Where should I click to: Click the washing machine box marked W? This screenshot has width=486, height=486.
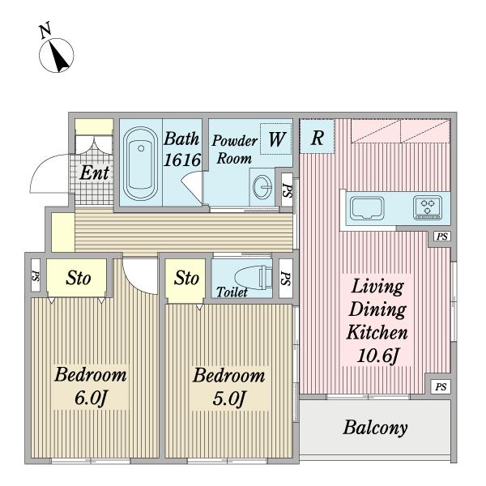click(276, 139)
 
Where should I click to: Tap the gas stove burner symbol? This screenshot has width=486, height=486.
click(427, 207)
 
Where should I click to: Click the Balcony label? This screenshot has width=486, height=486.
click(374, 428)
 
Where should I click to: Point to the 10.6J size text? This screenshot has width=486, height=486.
click(377, 354)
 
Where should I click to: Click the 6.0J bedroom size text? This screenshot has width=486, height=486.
click(92, 399)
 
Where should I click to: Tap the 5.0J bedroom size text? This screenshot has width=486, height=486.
click(228, 399)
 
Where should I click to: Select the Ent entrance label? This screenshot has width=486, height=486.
click(94, 172)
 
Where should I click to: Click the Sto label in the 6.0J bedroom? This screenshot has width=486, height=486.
click(78, 278)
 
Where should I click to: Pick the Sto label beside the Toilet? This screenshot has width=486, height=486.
click(186, 278)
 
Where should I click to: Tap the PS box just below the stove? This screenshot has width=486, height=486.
click(441, 237)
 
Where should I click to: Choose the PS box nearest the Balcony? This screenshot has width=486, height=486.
click(440, 386)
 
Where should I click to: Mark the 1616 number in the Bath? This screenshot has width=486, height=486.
click(181, 160)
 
